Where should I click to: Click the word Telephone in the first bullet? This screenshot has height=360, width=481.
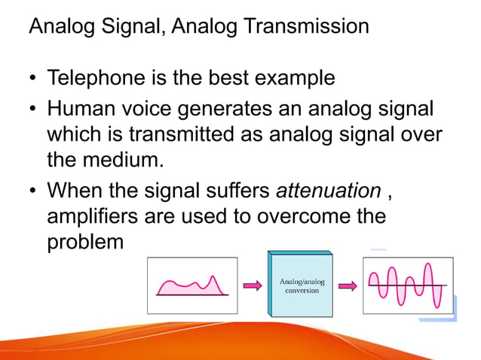(x=96, y=78)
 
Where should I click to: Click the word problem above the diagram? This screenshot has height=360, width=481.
(x=84, y=243)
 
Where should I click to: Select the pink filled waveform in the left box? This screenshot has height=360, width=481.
(x=191, y=287)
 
